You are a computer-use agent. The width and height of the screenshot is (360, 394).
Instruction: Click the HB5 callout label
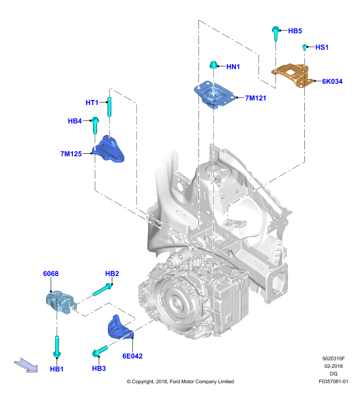[x=295, y=31]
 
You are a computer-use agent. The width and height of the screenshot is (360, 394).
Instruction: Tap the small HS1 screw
[x=304, y=47]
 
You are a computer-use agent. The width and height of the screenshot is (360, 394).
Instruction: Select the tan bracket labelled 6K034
[x=293, y=75]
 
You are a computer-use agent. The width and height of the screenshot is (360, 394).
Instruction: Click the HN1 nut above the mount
[x=213, y=65]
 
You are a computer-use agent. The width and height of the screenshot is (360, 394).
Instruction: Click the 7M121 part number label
[x=256, y=98]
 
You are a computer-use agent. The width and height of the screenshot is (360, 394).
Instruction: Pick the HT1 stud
[x=109, y=107]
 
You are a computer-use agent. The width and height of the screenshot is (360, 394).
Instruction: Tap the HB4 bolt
[x=95, y=125]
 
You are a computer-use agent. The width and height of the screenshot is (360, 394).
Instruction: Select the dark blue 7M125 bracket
[x=108, y=149]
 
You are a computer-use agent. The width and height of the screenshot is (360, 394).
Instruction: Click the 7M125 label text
[x=71, y=154]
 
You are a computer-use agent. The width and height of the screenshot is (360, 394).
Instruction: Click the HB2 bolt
[x=102, y=290]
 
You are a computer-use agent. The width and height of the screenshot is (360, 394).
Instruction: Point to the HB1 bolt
[x=57, y=346]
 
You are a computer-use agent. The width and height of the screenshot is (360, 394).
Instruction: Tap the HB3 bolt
[x=100, y=351]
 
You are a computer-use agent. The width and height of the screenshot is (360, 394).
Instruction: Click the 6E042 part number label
[x=132, y=356]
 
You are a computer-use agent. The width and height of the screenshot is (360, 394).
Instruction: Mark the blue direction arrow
[x=26, y=365]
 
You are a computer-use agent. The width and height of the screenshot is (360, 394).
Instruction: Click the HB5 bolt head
[x=275, y=30]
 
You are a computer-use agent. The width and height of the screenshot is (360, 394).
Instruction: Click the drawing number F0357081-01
[x=333, y=381]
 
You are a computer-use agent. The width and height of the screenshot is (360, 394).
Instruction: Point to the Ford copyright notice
[x=180, y=381]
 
